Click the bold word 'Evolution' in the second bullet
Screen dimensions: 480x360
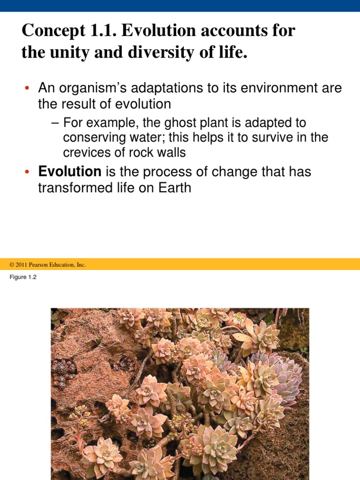[70, 172]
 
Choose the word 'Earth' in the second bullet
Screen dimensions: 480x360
[172, 187]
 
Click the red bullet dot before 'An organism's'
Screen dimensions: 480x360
[28, 89]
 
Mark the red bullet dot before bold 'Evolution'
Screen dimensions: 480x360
[28, 172]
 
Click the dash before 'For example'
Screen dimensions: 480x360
[56, 123]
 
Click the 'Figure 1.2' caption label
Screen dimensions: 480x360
[23, 277]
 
